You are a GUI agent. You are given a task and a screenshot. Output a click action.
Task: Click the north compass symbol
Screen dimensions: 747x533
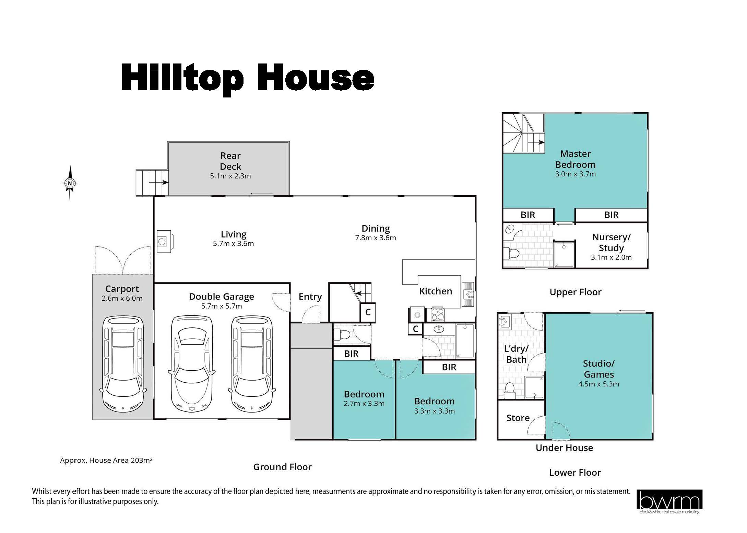coord(70,183)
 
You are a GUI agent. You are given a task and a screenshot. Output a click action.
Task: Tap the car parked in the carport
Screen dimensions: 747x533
coord(123,364)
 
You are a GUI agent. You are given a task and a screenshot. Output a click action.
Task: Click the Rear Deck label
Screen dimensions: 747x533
coord(230,161)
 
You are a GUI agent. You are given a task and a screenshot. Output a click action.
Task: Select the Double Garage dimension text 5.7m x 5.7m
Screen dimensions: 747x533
coord(222,306)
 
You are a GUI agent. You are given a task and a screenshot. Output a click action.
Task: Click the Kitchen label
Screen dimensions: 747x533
coord(436,291)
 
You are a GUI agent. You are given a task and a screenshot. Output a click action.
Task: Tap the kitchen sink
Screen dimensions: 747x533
coord(468,294)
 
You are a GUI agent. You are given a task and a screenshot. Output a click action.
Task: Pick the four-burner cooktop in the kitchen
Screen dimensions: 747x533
coord(438,314)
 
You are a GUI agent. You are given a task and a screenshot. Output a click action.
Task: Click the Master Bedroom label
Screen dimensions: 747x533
coord(576,159)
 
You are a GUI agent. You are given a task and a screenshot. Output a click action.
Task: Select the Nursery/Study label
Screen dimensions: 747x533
coord(611,242)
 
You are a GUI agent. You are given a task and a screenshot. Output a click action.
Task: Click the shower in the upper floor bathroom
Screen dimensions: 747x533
coord(564,254)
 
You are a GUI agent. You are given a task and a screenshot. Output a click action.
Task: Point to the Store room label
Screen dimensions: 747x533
coord(518,418)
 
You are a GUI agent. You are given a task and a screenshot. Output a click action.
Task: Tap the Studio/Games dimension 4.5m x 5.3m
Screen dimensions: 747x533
coord(599,384)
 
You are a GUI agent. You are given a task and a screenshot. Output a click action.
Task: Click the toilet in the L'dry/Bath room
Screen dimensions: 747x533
coord(510,390)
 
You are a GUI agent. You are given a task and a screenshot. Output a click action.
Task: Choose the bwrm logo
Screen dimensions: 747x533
coord(669,501)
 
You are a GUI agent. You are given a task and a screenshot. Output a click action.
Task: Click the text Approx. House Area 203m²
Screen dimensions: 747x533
coord(106,460)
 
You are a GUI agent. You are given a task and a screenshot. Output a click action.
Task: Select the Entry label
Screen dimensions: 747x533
coord(310,297)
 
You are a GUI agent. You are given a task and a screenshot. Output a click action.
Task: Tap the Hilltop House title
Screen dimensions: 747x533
coord(248,79)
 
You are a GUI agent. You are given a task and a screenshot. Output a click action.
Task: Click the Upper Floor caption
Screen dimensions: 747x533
coord(576,292)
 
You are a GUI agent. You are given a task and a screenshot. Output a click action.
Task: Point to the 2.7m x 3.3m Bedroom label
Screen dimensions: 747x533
coord(364,399)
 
